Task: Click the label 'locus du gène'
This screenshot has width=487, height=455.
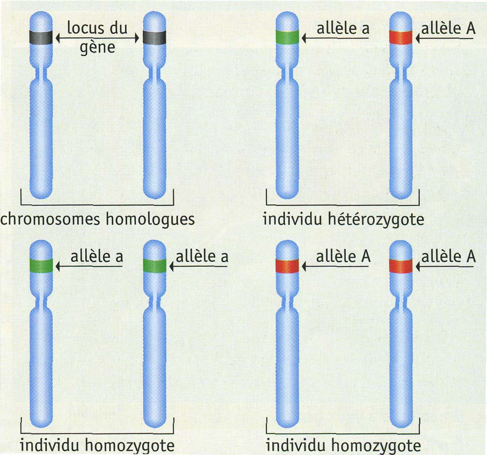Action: coord(97,37)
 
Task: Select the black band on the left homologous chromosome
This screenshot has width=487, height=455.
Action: coord(41,38)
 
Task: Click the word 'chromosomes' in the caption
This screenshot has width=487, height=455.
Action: coord(51,219)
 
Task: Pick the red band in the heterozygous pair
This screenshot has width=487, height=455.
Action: coord(401,37)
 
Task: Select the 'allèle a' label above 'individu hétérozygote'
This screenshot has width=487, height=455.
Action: coord(343,28)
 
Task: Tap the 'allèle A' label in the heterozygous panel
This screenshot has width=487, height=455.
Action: coord(448,28)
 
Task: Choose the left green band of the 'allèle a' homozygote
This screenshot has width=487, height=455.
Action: coord(41,266)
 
